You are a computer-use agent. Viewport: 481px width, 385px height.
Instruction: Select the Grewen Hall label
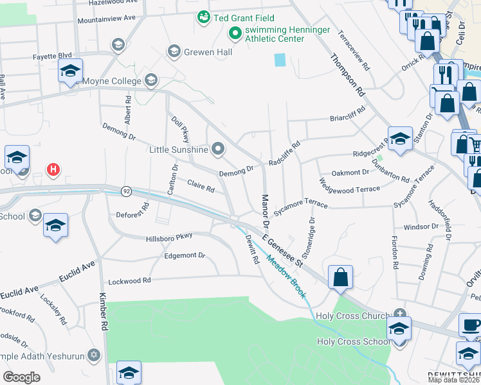pyautogui.click(x=208, y=51)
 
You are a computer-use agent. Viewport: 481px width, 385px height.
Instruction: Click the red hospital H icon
pyautogui.click(x=54, y=169)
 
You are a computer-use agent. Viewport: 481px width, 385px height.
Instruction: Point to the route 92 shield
pyautogui.click(x=126, y=191)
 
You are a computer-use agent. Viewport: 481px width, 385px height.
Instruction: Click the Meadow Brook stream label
pyautogui.click(x=286, y=280)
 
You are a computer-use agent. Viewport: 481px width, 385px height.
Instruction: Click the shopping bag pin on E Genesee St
pyautogui.click(x=340, y=277)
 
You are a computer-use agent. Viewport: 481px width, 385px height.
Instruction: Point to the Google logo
pyautogui.click(x=21, y=377)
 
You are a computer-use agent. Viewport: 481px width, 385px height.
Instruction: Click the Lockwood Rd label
pyautogui.click(x=129, y=280)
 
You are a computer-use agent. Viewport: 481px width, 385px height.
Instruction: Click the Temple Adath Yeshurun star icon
pyautogui.click(x=93, y=354)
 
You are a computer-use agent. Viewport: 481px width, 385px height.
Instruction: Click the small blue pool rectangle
pyautogui.click(x=280, y=60)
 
